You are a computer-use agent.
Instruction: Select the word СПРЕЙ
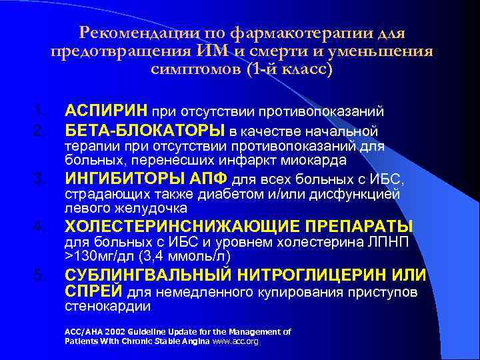tap(93, 291)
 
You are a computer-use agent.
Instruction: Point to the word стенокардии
tap(107, 307)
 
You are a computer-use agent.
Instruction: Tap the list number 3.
tap(41, 179)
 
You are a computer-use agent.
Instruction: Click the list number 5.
tap(41, 276)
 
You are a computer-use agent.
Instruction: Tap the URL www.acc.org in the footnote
tap(235, 341)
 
